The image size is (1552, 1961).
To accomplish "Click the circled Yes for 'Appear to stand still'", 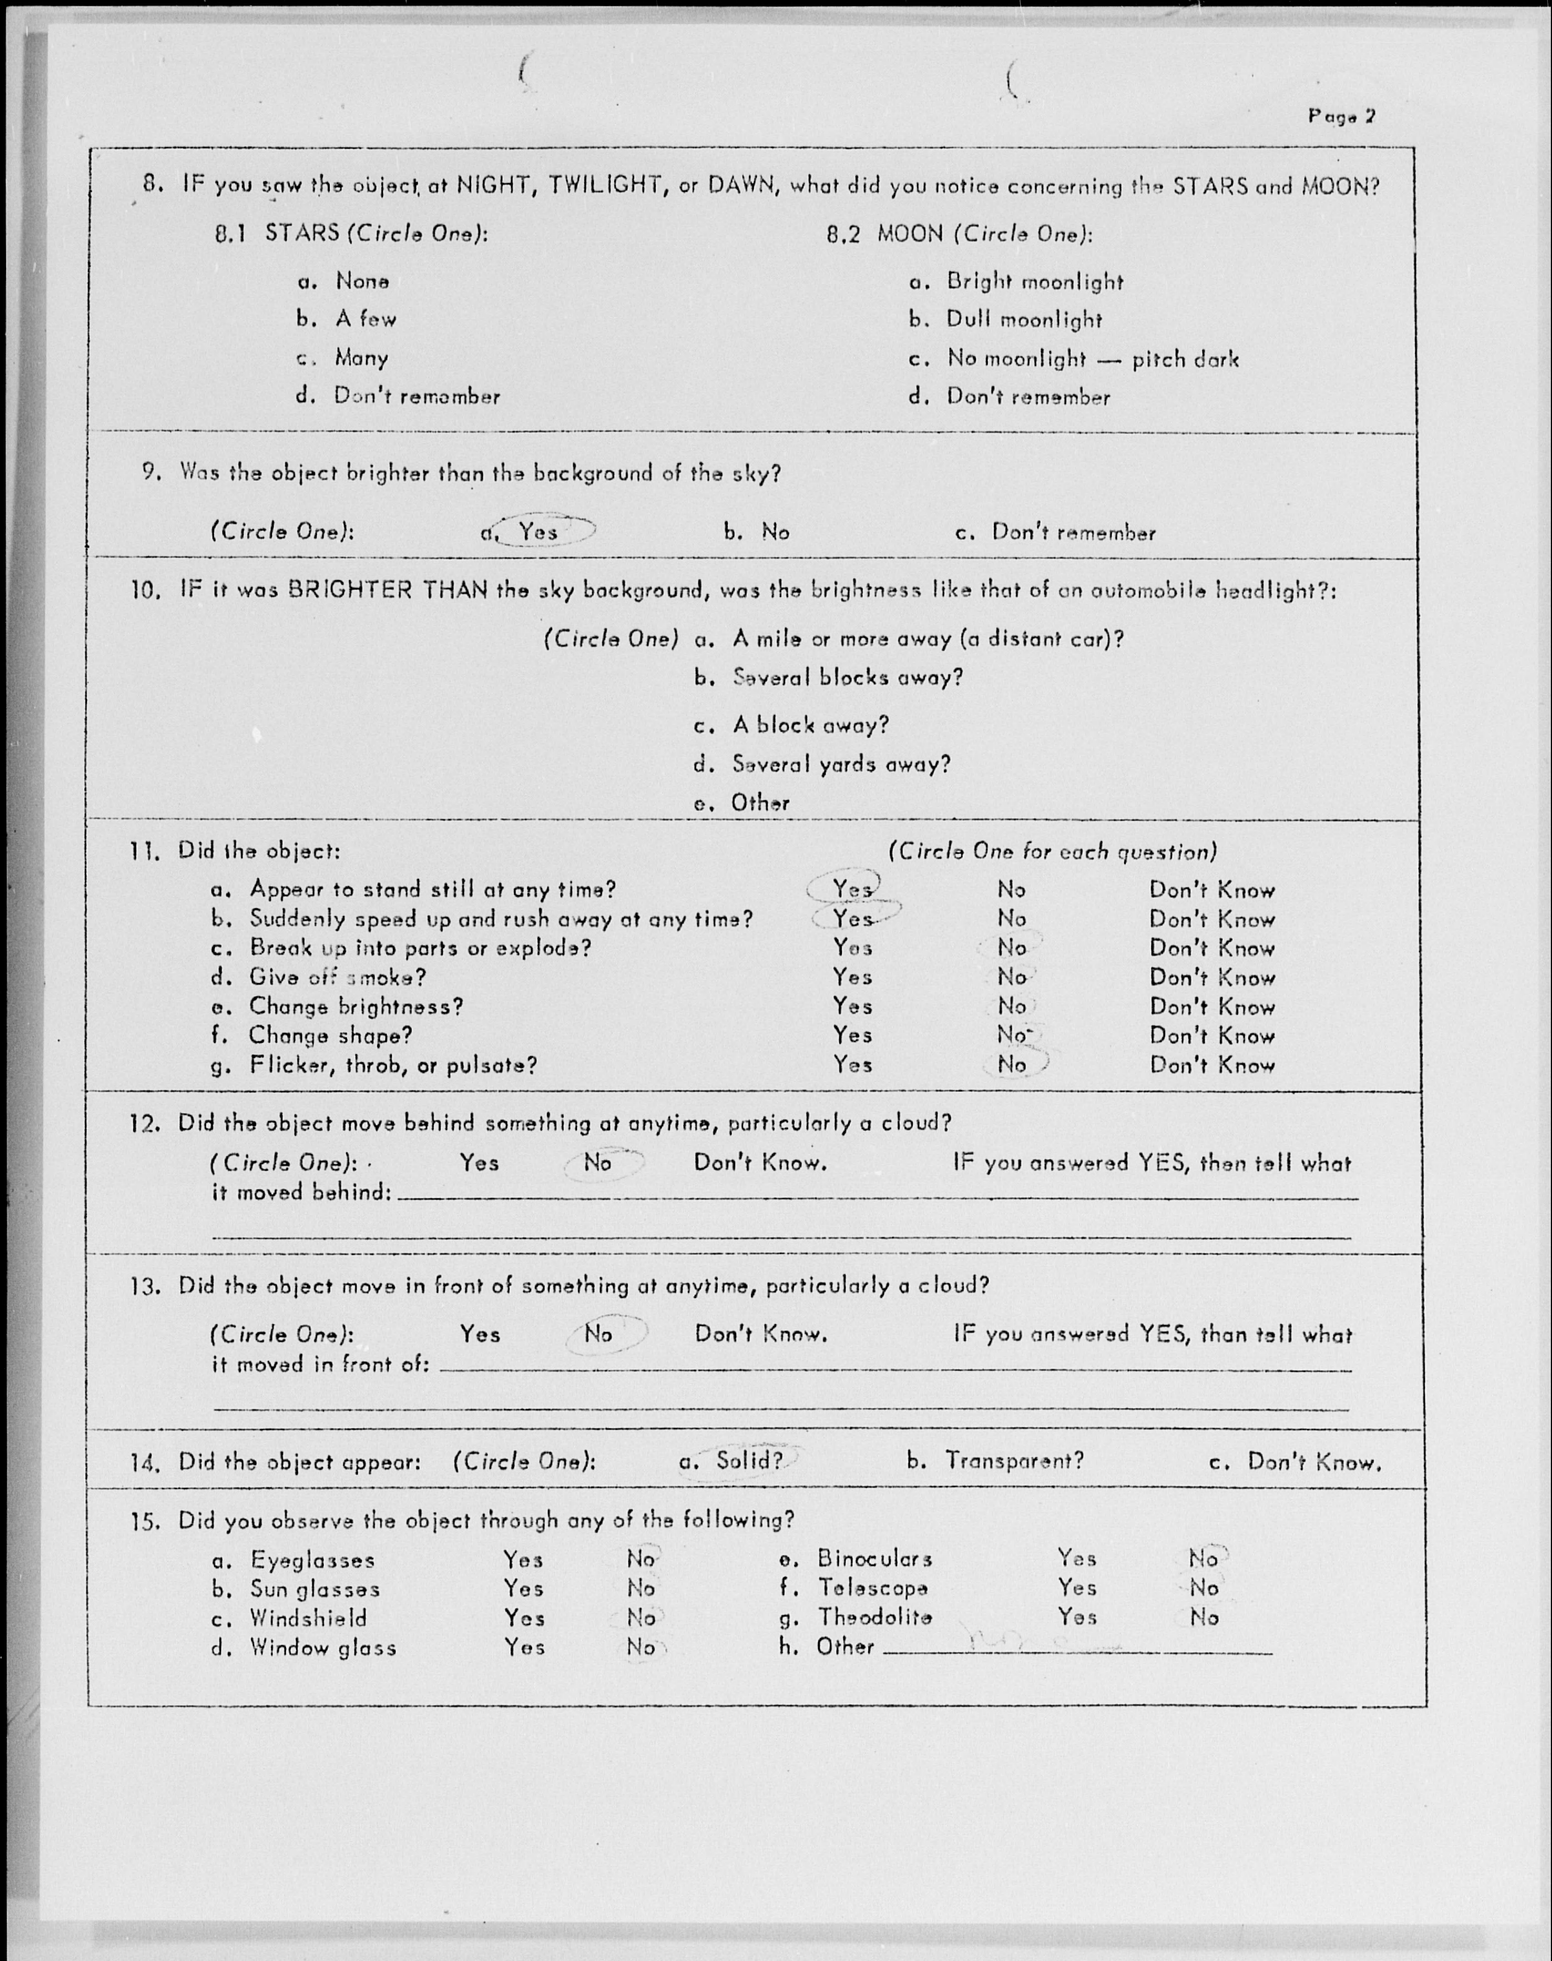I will point(852,889).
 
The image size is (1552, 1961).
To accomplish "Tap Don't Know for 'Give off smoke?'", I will point(1211,978).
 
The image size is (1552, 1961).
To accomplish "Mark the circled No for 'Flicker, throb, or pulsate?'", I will point(1012,1064).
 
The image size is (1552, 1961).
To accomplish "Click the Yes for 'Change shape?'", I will point(852,1035).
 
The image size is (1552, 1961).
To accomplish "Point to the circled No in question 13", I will point(598,1334).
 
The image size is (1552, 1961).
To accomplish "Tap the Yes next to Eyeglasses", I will point(523,1560).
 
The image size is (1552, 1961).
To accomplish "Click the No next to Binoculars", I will point(1203,1558).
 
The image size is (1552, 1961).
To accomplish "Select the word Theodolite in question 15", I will point(874,1617).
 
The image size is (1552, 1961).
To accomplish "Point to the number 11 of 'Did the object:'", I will point(145,852).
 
